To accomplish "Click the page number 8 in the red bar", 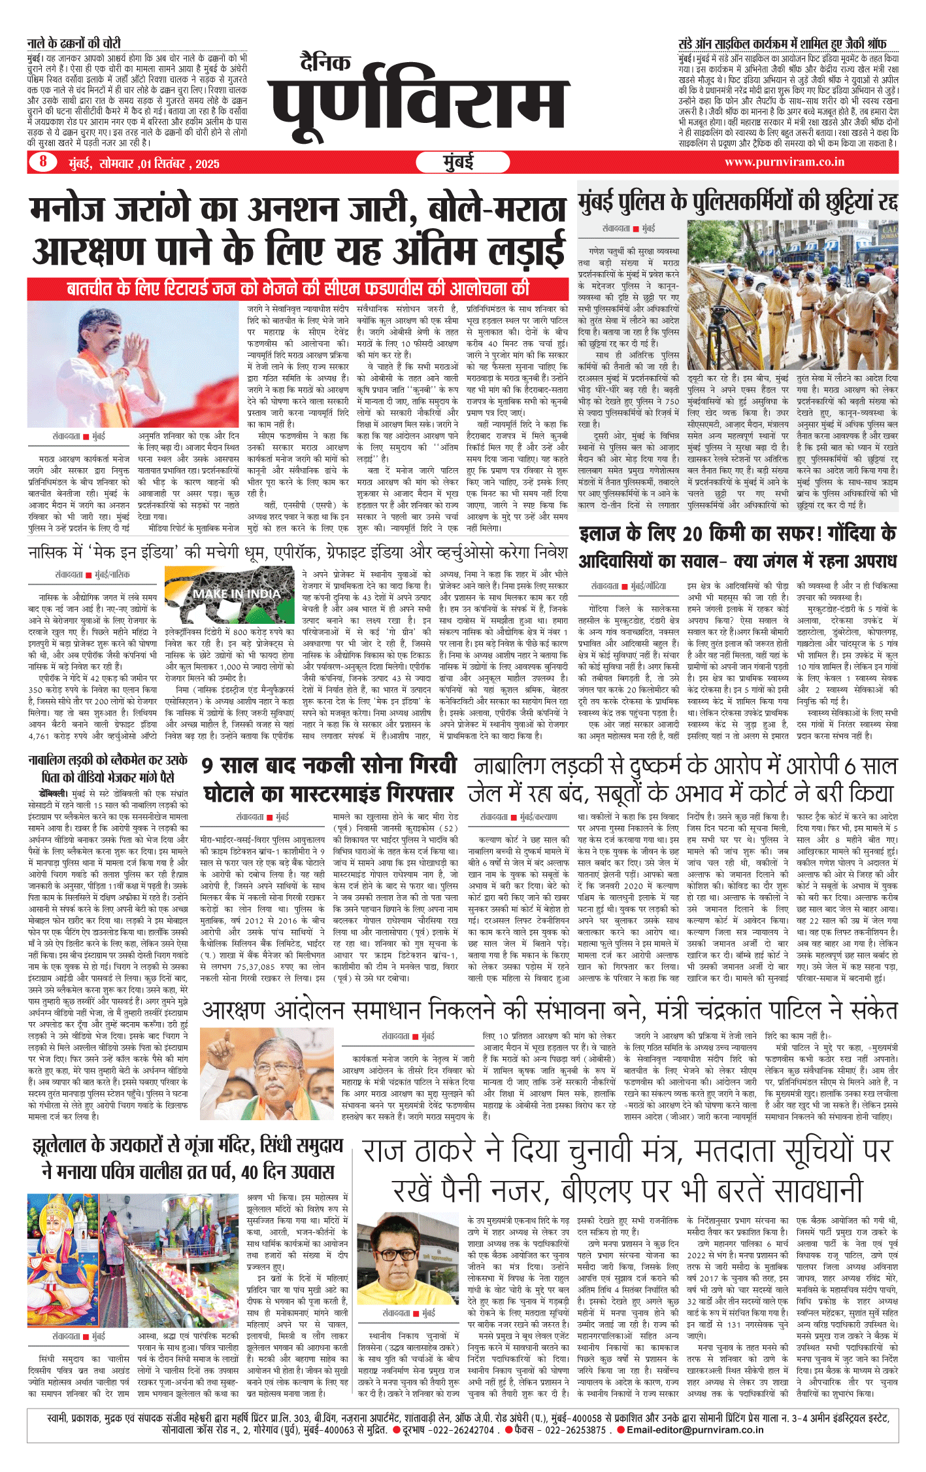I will click(x=43, y=162).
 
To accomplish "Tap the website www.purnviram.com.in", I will click(x=784, y=162).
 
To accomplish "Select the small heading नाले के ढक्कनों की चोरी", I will click(x=74, y=43).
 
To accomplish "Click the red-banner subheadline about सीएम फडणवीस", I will click(x=297, y=288).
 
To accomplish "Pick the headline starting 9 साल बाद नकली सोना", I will click(x=329, y=779).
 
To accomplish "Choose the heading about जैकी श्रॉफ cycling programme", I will click(x=782, y=44).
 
